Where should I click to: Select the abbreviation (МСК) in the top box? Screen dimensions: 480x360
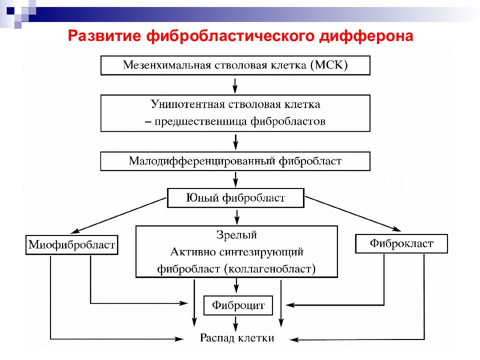pyautogui.click(x=329, y=65)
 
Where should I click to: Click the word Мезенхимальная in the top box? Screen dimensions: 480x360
pyautogui.click(x=167, y=65)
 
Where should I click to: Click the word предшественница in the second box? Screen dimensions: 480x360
pyautogui.click(x=201, y=121)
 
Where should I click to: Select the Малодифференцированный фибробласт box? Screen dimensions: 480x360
pyautogui.click(x=235, y=161)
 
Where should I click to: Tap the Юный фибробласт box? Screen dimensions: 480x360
pyautogui.click(x=235, y=198)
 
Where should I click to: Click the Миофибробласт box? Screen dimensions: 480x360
pyautogui.click(x=72, y=244)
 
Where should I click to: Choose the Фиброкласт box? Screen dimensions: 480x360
pyautogui.click(x=401, y=243)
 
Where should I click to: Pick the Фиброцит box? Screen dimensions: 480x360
pyautogui.click(x=238, y=305)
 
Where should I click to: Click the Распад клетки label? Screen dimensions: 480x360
pyautogui.click(x=237, y=338)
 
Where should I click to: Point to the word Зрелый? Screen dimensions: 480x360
pyautogui.click(x=236, y=235)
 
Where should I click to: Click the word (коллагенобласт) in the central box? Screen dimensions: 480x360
pyautogui.click(x=269, y=269)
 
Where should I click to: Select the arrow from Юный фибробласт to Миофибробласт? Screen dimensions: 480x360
pyautogui.click(x=118, y=215)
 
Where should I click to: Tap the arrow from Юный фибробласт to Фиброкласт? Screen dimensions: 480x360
pyautogui.click(x=353, y=213)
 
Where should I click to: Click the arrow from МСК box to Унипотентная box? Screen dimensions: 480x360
pyautogui.click(x=235, y=85)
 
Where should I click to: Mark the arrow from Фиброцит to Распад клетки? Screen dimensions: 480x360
pyautogui.click(x=235, y=324)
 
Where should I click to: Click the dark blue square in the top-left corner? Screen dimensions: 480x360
pyautogui.click(x=10, y=10)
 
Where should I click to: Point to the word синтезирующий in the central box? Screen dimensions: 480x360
pyautogui.click(x=261, y=252)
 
